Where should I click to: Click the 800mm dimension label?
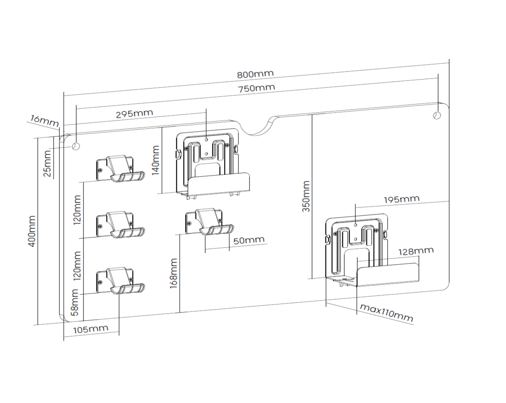click(x=255, y=74)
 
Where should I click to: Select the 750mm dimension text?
click(x=256, y=88)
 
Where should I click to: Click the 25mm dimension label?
click(x=47, y=164)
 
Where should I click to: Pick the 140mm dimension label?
click(x=155, y=160)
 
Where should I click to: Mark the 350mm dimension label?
click(x=306, y=196)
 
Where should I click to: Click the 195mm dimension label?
click(x=402, y=199)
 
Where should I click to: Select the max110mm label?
click(x=386, y=313)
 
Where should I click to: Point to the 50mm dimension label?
click(x=249, y=240)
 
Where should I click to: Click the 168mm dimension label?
click(x=173, y=273)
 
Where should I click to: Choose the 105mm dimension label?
click(x=91, y=329)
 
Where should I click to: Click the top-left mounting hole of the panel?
click(x=76, y=146)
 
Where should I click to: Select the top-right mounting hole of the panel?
click(x=437, y=115)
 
